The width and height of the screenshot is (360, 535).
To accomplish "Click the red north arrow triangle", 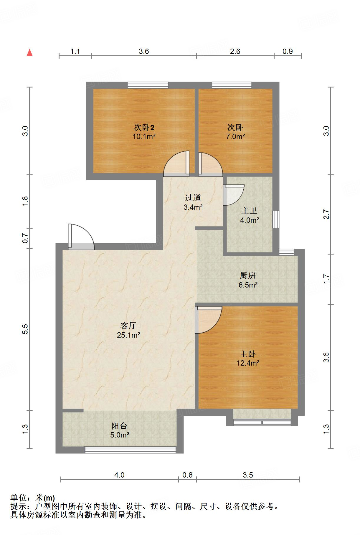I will [x=29, y=53].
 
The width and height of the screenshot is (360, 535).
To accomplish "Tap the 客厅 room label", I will [x=128, y=326].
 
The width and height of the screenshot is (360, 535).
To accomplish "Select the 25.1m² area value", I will [x=128, y=335].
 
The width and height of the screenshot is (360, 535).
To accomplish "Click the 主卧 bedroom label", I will [x=247, y=354].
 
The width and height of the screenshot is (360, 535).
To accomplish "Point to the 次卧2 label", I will [x=144, y=128].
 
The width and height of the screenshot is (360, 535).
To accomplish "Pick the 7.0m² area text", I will [x=235, y=136].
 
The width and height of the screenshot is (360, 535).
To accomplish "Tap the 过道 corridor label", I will [x=193, y=198].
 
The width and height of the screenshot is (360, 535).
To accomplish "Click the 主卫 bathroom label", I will [x=249, y=211].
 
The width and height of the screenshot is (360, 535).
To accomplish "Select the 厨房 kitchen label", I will [x=247, y=275].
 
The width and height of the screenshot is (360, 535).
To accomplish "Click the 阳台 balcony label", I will [x=119, y=426].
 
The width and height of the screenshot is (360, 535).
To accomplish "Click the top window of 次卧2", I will [x=148, y=85].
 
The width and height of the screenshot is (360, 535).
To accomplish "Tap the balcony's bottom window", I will [x=130, y=450].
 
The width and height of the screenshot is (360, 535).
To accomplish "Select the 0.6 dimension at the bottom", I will [x=187, y=475].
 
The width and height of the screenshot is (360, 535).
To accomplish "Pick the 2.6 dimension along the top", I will [x=235, y=51].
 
